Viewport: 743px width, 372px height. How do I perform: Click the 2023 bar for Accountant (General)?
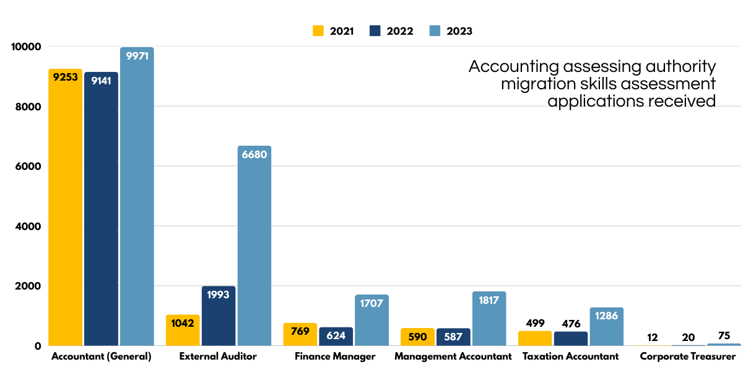coord(137,198)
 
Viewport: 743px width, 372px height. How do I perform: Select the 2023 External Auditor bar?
coord(254,248)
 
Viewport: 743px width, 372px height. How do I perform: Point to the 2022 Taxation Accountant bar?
coord(571,339)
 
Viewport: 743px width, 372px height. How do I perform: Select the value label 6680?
coord(254,155)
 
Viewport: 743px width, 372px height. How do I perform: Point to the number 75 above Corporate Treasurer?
coord(724,335)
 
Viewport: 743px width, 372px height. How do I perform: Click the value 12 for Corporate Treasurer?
coord(653,337)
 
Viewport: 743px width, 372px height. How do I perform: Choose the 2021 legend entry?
coord(333,31)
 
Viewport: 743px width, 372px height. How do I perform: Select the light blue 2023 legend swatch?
coord(435,31)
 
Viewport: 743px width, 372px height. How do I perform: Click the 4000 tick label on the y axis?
coord(28,226)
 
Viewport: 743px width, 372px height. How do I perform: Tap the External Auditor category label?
coord(217,356)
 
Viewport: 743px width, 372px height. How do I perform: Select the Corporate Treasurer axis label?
coord(687,356)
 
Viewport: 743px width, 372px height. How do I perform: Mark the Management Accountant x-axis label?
coord(453,356)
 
